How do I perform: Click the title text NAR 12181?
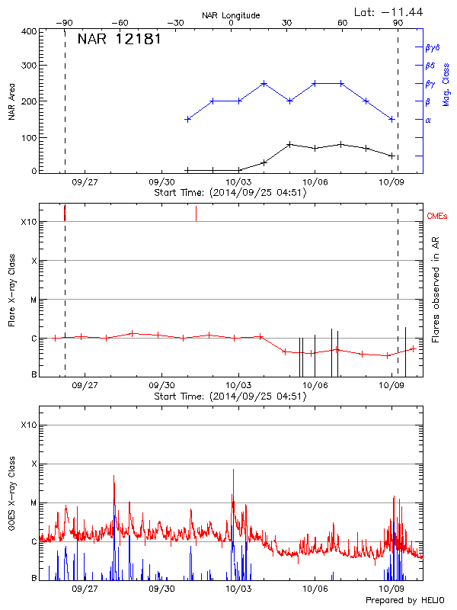[119, 39]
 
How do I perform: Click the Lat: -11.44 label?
[389, 11]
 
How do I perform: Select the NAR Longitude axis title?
[231, 14]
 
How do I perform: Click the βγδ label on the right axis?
[433, 47]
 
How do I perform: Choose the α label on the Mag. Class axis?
[428, 120]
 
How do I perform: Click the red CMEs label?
[437, 217]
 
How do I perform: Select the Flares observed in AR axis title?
[436, 290]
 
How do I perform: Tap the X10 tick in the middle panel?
[29, 222]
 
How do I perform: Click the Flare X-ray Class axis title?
[11, 291]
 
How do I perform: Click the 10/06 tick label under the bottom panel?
[315, 589]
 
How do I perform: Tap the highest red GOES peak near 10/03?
[233, 470]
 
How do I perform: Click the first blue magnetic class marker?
[187, 119]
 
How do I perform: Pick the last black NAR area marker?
[391, 156]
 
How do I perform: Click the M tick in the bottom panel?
[34, 503]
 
